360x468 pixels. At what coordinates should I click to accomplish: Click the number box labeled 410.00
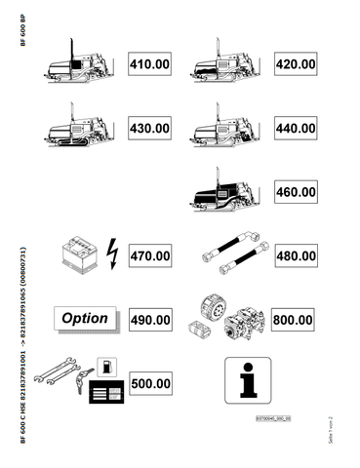click(x=149, y=65)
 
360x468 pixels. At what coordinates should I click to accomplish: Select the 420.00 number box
click(x=295, y=65)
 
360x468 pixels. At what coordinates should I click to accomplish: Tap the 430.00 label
click(x=149, y=128)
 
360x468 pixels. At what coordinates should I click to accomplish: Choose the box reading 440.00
click(x=295, y=128)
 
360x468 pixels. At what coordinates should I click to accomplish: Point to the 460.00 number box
click(x=295, y=194)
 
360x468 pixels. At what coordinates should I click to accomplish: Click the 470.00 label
click(x=149, y=256)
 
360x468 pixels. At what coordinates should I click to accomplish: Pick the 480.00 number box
click(x=295, y=256)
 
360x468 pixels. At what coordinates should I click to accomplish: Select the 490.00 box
click(x=149, y=319)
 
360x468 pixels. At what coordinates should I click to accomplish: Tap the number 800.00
click(x=295, y=319)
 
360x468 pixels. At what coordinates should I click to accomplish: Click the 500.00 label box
click(x=149, y=383)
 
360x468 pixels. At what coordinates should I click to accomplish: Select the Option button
click(x=85, y=318)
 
